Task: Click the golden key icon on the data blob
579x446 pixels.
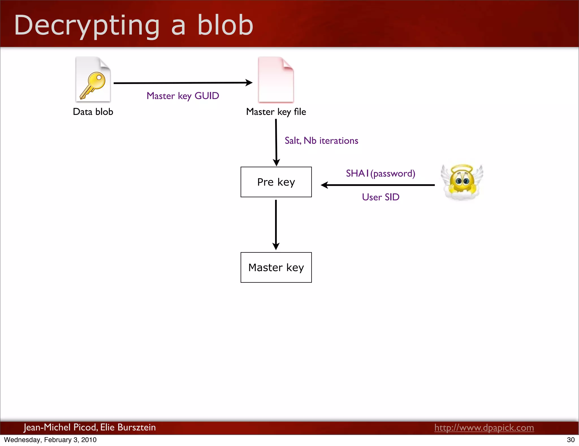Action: (93, 85)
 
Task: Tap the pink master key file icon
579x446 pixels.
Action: (276, 80)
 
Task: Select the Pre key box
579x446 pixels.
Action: (276, 182)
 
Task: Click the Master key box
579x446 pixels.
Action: (276, 267)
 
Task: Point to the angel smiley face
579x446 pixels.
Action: (462, 182)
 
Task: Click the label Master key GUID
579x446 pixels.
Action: (183, 96)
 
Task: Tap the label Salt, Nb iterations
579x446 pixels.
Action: (321, 141)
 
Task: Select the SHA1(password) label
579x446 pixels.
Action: (381, 173)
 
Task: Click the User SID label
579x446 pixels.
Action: (381, 197)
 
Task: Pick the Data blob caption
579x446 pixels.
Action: (93, 112)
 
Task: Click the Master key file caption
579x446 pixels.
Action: (276, 112)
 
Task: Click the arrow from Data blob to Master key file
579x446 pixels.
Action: (183, 83)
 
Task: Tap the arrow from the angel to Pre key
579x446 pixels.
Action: (378, 185)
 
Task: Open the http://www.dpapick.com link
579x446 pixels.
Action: (484, 428)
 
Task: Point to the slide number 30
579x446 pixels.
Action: (571, 440)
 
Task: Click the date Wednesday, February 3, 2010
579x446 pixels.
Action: (50, 440)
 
